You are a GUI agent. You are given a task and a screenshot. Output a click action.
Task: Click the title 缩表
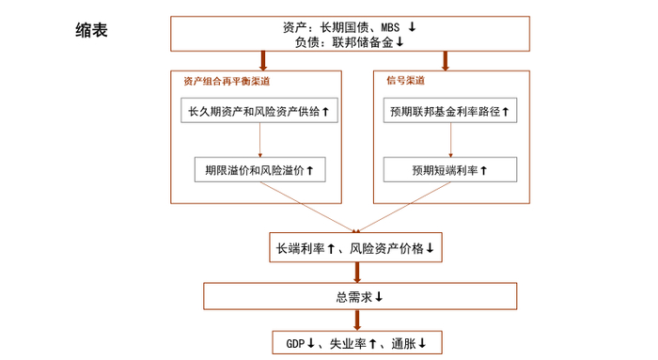(91, 31)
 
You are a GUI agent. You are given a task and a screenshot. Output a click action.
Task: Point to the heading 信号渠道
(405, 81)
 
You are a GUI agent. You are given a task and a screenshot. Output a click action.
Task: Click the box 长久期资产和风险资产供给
(258, 112)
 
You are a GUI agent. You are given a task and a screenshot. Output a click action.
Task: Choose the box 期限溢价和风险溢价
(258, 170)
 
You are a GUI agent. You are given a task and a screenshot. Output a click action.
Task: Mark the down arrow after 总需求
(379, 297)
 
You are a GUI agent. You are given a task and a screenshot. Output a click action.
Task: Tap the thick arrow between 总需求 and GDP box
(358, 320)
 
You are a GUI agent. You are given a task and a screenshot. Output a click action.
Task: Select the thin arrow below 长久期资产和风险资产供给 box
(258, 140)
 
